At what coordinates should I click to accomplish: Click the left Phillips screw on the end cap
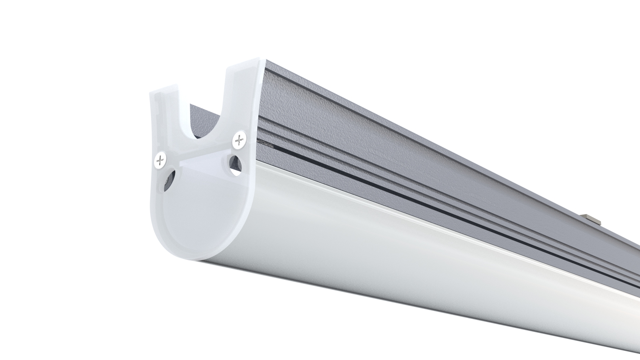pyautogui.click(x=160, y=161)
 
